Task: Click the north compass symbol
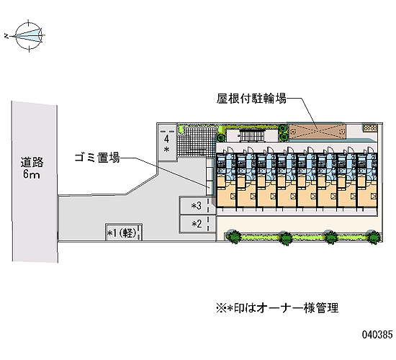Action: (x=29, y=35)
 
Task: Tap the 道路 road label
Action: (x=32, y=162)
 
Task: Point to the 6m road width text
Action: (x=31, y=174)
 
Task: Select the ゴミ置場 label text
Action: (x=97, y=158)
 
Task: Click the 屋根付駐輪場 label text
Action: (x=251, y=98)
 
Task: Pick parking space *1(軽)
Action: (x=124, y=232)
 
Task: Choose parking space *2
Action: (x=197, y=224)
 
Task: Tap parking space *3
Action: (x=197, y=206)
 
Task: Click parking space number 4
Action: (x=166, y=143)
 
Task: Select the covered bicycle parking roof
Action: (x=318, y=131)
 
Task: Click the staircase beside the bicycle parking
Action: (x=251, y=135)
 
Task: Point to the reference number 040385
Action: (x=377, y=335)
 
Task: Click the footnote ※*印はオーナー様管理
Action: (x=277, y=307)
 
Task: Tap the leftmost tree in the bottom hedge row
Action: (x=233, y=236)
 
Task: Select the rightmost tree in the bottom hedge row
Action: (x=374, y=237)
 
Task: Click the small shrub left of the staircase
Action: (x=221, y=138)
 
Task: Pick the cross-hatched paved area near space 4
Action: (x=197, y=141)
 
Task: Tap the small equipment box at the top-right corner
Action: (x=370, y=127)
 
